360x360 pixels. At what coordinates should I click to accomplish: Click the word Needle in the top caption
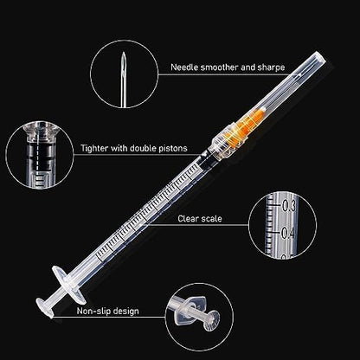184,67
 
